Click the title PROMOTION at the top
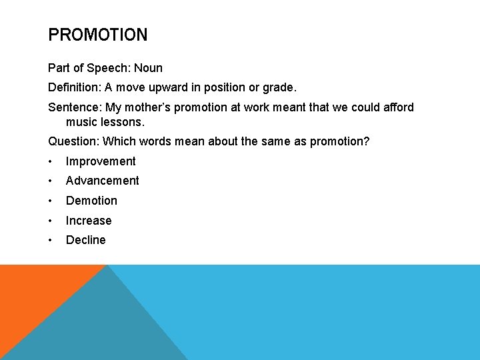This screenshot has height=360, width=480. [x=98, y=35]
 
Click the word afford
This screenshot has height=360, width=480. [x=397, y=107]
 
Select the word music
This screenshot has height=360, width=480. [x=81, y=123]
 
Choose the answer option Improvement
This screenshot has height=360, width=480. [x=101, y=161]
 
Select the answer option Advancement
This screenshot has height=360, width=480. [x=103, y=181]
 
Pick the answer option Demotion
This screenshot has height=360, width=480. [x=91, y=201]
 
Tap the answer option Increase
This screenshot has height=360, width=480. [x=89, y=221]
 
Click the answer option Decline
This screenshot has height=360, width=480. [x=85, y=240]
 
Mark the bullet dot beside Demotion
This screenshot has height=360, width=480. [x=51, y=201]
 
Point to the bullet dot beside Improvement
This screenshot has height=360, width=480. [x=51, y=161]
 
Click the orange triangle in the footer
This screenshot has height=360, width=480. [x=33, y=293]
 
